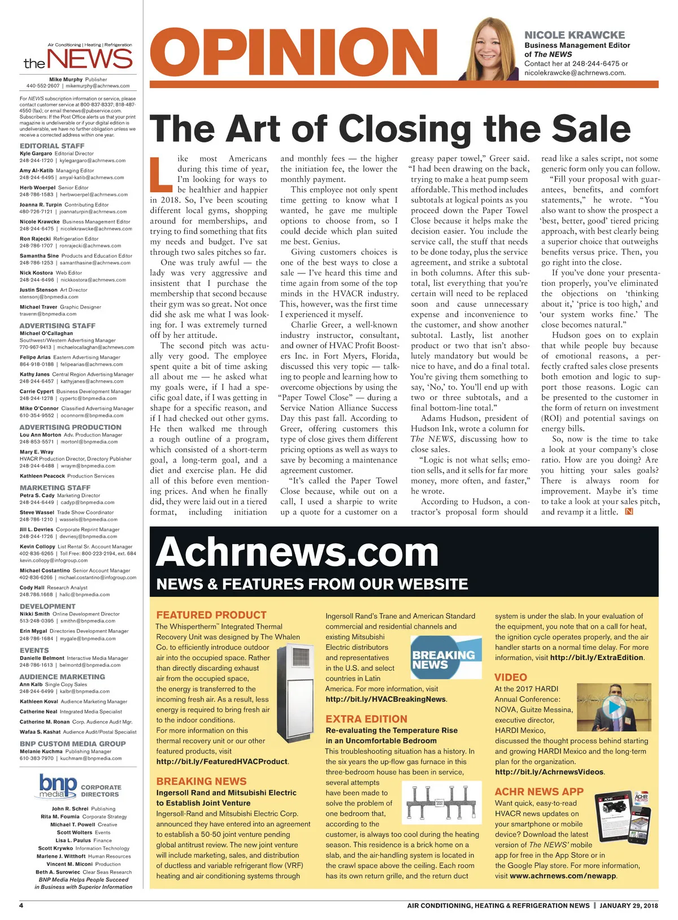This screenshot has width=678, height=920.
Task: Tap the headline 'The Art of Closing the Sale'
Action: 390,128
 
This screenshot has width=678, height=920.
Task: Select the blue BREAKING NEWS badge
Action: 443,658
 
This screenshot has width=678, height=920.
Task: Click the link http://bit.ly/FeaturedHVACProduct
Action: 222,761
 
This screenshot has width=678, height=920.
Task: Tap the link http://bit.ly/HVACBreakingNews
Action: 385,699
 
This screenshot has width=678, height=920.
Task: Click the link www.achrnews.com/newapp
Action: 562,876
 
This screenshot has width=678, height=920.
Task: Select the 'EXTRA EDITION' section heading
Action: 366,719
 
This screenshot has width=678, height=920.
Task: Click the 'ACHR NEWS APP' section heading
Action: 539,791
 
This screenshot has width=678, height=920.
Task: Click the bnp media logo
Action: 58,787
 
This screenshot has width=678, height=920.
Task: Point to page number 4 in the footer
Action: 21,905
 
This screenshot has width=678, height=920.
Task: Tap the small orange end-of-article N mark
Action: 629,511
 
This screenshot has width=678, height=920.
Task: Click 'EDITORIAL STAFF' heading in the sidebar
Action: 52,146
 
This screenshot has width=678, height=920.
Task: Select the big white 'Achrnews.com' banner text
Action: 297,552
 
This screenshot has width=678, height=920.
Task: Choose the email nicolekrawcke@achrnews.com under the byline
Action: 575,72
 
